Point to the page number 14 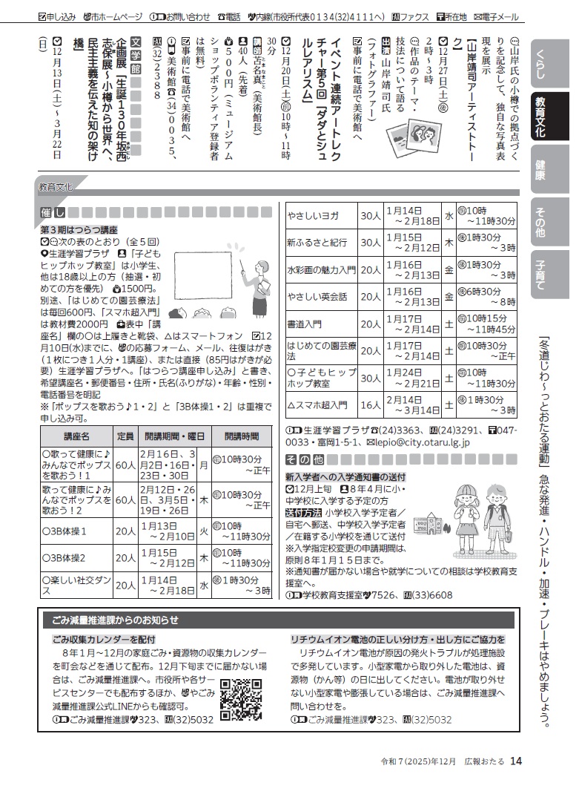tap(517, 761)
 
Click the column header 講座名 tap(76, 436)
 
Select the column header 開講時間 tap(242, 436)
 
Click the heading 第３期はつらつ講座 tap(79, 231)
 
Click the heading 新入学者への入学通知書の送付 tap(345, 476)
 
